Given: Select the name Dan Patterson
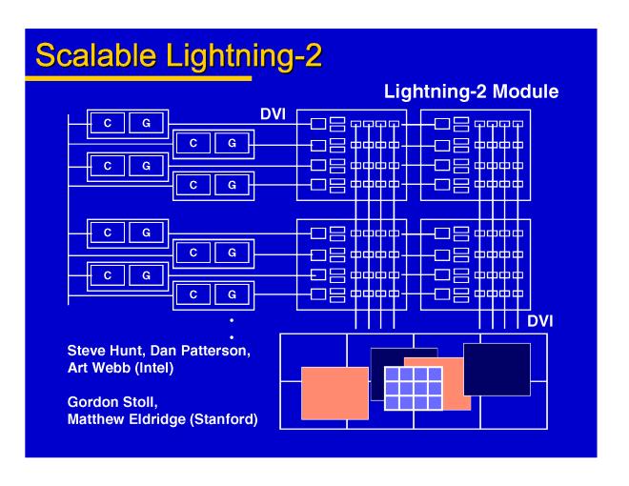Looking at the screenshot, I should tap(202, 349).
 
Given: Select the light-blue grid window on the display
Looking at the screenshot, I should tap(413, 387).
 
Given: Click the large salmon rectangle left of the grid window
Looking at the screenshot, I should tap(335, 393).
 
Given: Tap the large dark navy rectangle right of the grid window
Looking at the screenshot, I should tap(497, 369).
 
